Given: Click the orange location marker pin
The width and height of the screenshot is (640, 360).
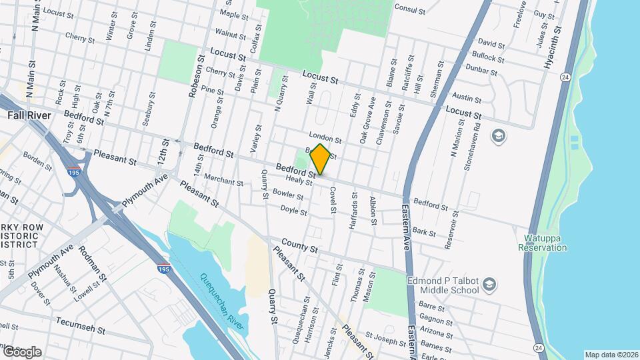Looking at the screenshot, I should click(320, 159).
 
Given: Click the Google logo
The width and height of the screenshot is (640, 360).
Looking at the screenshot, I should click(21, 351).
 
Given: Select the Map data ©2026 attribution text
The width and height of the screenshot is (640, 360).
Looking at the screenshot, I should click(611, 355).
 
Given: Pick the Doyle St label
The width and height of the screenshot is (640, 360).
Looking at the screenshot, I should click(293, 211).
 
